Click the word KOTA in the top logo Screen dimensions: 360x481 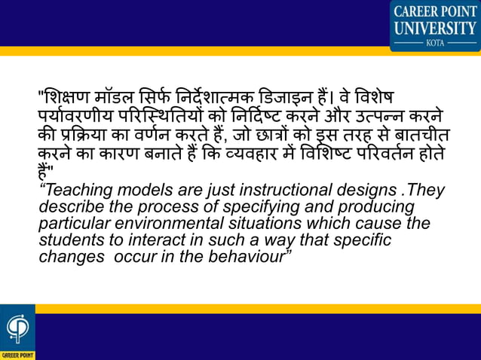click(x=435, y=43)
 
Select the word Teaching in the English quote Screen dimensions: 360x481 click(x=77, y=191)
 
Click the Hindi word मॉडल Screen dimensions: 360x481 click(x=125, y=99)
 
